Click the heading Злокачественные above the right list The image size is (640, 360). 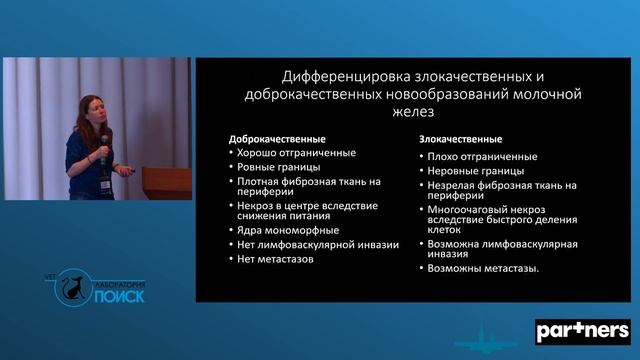point(461,139)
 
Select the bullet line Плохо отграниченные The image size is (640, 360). point(483,156)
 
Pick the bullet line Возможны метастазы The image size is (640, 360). point(484,268)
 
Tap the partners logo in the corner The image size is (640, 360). point(583,330)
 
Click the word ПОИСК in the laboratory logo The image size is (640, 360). point(118,295)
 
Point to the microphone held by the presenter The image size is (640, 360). point(104,153)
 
